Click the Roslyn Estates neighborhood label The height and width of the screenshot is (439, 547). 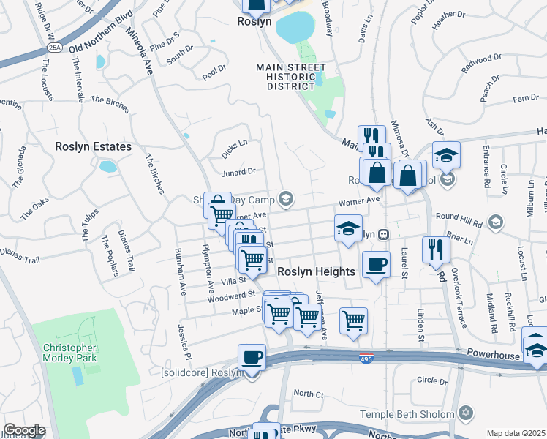pyautogui.click(x=93, y=146)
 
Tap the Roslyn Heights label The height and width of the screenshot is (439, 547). pyautogui.click(x=317, y=271)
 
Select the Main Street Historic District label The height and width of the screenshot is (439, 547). pyautogui.click(x=291, y=77)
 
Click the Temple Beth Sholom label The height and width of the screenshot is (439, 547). pyautogui.click(x=407, y=414)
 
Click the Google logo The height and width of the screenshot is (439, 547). pyautogui.click(x=24, y=430)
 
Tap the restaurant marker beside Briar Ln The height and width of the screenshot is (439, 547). pyautogui.click(x=436, y=249)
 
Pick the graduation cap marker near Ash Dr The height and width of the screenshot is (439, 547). pyautogui.click(x=446, y=154)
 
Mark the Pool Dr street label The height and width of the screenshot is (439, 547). pyautogui.click(x=214, y=71)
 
